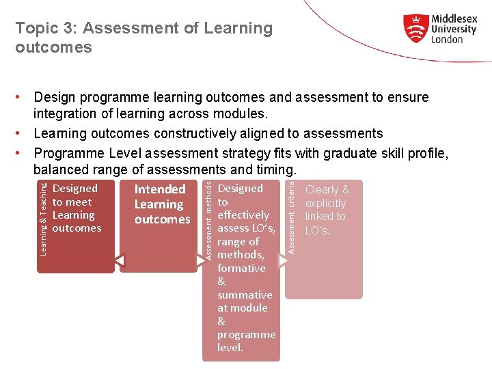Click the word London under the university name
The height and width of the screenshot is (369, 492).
[x=447, y=40]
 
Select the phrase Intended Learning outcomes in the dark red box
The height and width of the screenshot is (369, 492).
[x=162, y=204]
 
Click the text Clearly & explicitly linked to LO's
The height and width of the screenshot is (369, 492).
[x=327, y=210]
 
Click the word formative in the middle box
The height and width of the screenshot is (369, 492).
[x=241, y=268]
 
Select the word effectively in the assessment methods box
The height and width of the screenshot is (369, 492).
[x=243, y=215]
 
